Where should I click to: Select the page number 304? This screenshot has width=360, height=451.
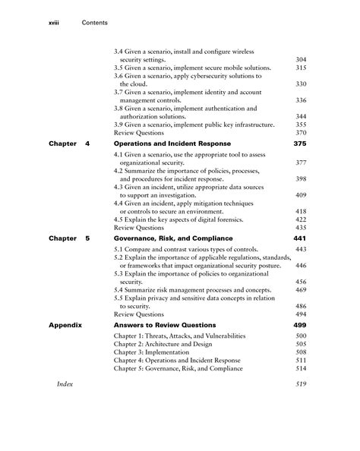[300, 58]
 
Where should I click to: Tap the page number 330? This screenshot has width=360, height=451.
[300, 84]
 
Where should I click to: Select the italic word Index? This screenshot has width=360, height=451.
[66, 385]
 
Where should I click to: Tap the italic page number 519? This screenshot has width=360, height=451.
[300, 385]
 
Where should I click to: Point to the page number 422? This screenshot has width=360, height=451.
[300, 219]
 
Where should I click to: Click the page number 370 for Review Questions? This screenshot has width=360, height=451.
[300, 132]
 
